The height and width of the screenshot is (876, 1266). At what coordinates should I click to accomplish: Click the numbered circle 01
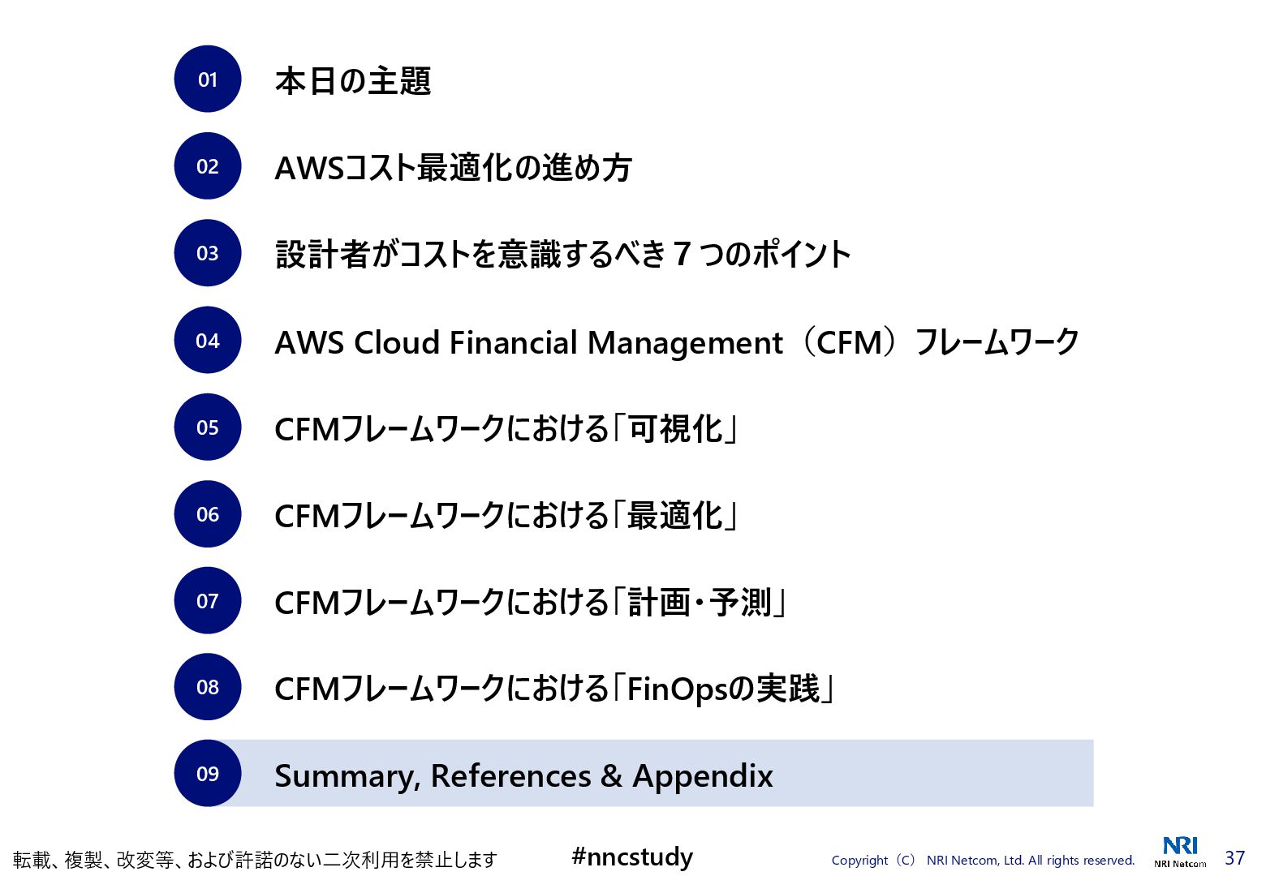click(x=208, y=79)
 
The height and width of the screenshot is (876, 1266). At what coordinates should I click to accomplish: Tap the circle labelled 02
click(x=208, y=166)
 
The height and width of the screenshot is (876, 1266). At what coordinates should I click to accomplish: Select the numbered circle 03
click(x=208, y=253)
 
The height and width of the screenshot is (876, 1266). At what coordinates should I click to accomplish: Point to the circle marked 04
click(x=208, y=341)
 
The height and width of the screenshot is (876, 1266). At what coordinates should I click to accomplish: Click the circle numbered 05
click(x=208, y=427)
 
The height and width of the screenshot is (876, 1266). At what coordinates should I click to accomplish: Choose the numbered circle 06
click(x=208, y=514)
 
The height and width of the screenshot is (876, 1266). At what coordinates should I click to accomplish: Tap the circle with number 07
click(x=208, y=601)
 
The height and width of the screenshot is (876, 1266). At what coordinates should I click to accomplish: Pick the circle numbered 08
click(x=208, y=688)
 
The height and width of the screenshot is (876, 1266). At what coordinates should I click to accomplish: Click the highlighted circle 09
click(x=208, y=774)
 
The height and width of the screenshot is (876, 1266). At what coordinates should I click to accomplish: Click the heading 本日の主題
click(x=353, y=81)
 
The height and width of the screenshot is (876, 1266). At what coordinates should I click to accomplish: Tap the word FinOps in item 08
click(x=677, y=689)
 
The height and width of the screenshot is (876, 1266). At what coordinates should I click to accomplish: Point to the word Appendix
click(x=703, y=776)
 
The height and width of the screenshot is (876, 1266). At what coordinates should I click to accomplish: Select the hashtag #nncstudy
click(x=632, y=857)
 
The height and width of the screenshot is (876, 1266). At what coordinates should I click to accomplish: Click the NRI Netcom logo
click(x=1180, y=852)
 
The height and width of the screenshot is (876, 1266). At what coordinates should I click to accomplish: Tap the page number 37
click(x=1234, y=857)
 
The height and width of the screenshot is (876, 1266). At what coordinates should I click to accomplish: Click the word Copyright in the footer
click(x=859, y=861)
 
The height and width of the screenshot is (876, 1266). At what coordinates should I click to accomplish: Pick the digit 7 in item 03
click(x=682, y=255)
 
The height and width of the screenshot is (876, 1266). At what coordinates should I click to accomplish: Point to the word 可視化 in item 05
click(x=676, y=429)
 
